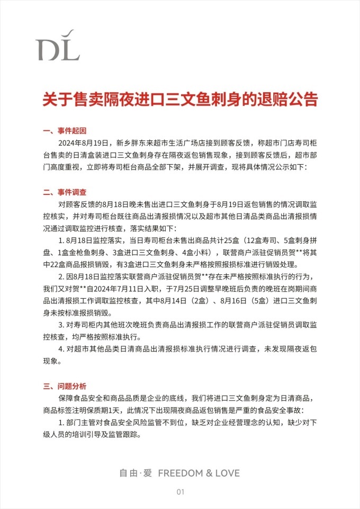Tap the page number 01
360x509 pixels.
click(x=180, y=492)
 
